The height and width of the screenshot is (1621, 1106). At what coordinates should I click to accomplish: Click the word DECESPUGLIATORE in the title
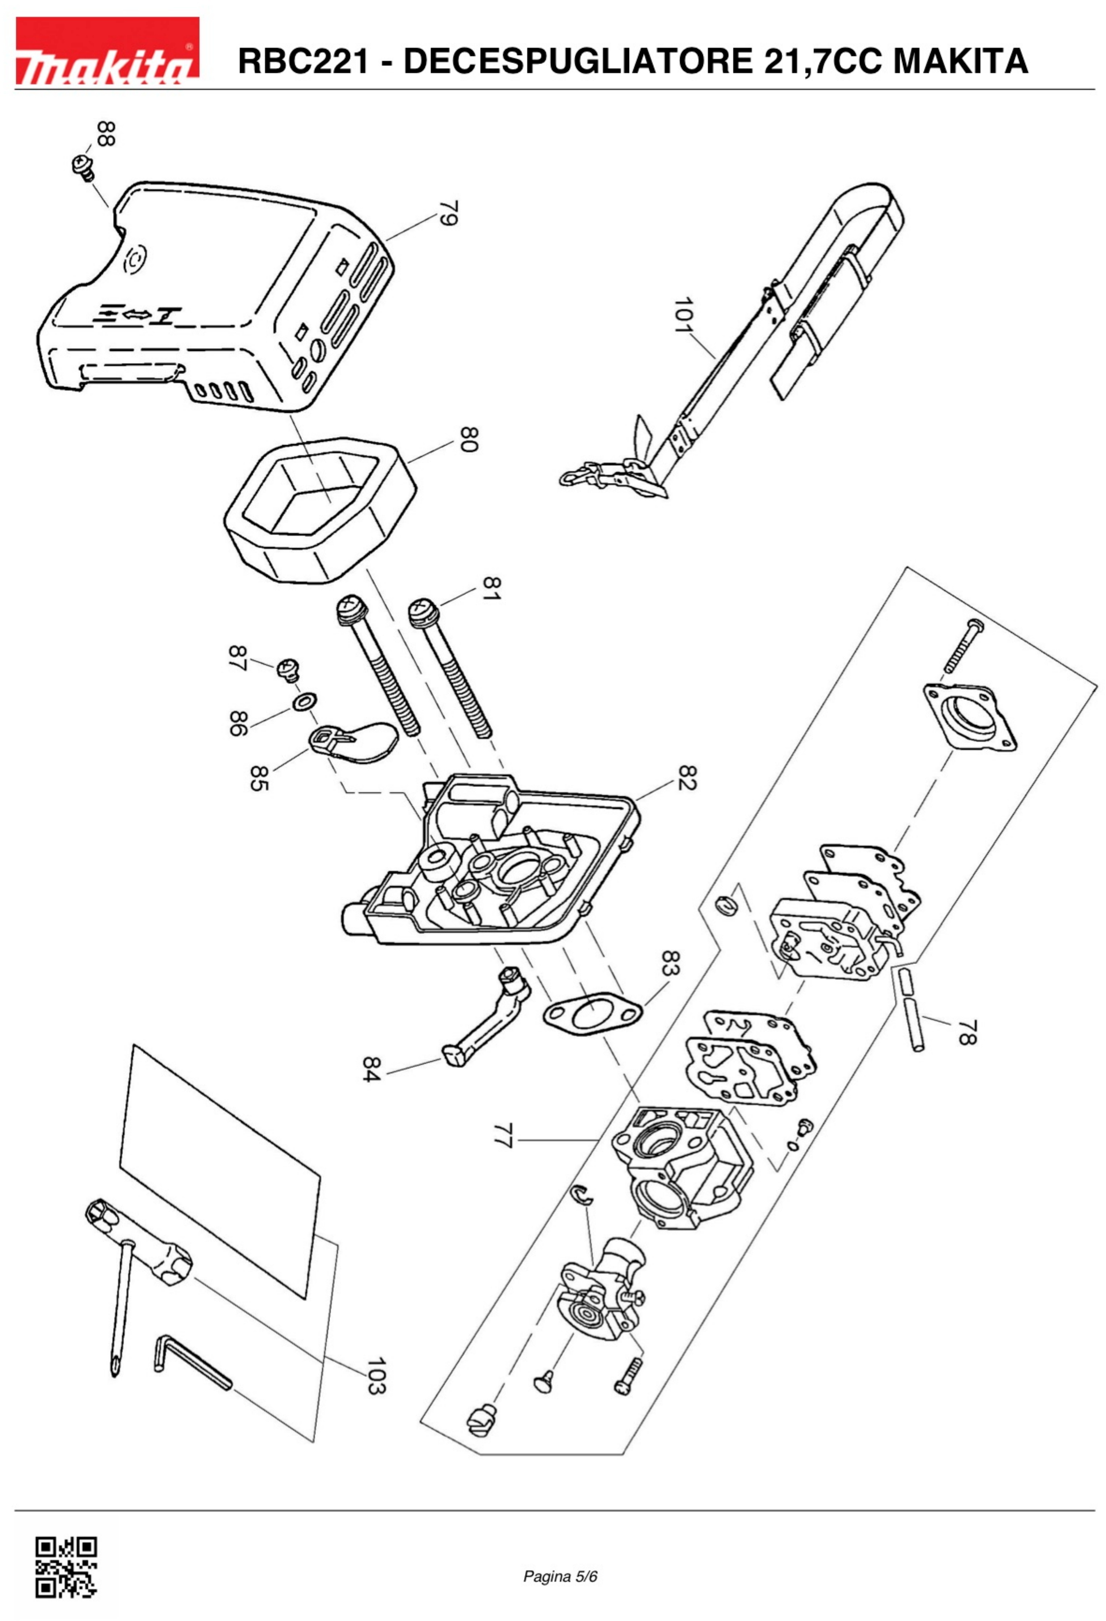point(578,62)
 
